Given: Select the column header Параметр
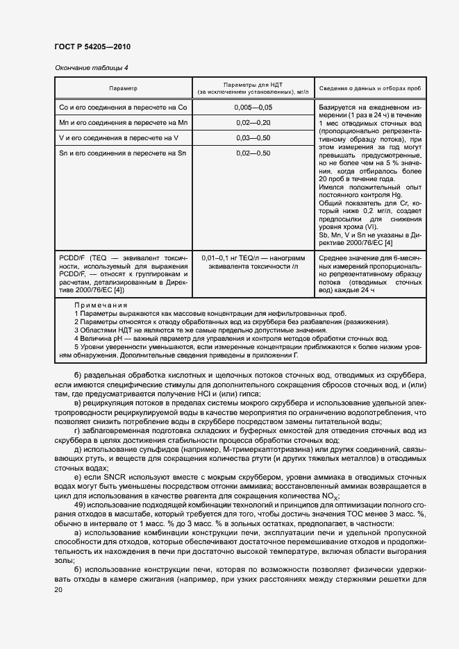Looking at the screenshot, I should pos(123,89).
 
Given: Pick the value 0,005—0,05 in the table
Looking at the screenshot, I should pos(253,108).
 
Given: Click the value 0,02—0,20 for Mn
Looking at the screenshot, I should pos(253,123).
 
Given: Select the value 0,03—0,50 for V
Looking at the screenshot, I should pos(253,138).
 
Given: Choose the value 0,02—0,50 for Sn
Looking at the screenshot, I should pos(253,153).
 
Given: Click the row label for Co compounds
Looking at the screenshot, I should pos(123,108).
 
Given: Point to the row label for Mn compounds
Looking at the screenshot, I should pos(123,123).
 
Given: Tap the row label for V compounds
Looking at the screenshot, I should pos(119,138).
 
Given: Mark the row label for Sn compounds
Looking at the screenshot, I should pos(123,153).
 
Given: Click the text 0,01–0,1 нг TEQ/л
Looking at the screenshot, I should pos(232,258).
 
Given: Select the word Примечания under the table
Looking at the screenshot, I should pos(101,305).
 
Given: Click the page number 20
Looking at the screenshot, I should pos(59,590).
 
